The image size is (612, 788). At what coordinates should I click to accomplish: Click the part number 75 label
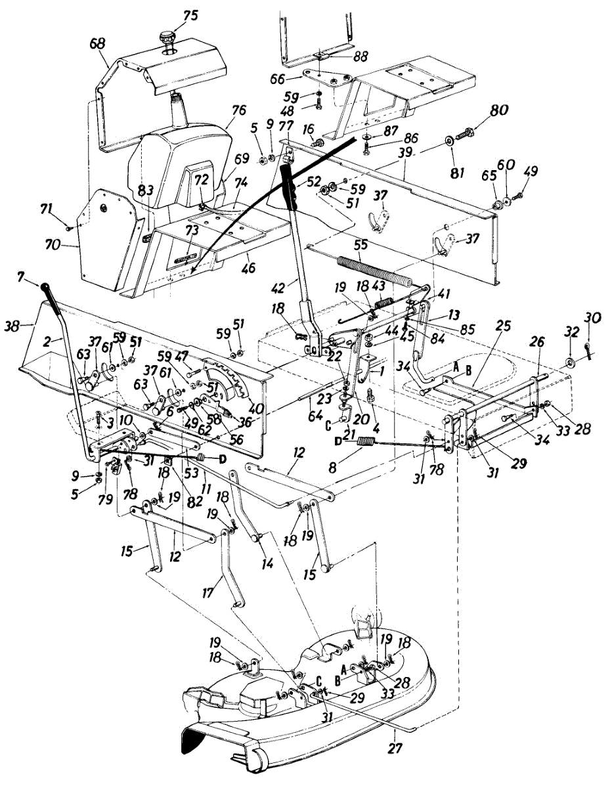(x=190, y=16)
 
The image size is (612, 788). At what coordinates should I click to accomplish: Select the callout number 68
(x=98, y=44)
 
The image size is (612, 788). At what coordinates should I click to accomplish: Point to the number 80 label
(x=498, y=110)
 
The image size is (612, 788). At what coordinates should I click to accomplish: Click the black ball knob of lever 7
(x=45, y=287)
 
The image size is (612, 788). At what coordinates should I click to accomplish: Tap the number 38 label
(x=12, y=327)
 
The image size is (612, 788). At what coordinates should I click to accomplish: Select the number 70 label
(x=53, y=245)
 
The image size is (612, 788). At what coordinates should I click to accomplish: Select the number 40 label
(x=256, y=408)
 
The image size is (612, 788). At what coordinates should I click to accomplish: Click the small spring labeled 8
(x=366, y=441)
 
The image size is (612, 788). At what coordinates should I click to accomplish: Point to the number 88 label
(x=359, y=56)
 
